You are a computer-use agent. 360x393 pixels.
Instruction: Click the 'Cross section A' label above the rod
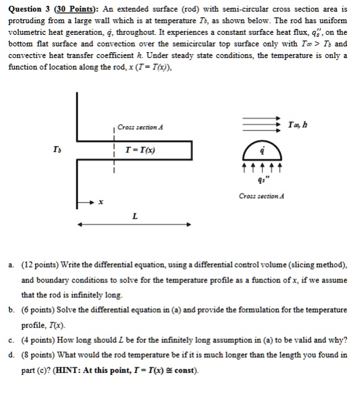pyautogui.click(x=141, y=127)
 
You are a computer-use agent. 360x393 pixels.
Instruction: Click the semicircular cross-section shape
pyautogui.click(x=261, y=153)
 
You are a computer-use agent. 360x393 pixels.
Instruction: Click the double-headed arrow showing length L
pyautogui.click(x=134, y=225)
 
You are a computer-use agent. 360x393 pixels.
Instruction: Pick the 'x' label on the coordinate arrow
pyautogui.click(x=100, y=201)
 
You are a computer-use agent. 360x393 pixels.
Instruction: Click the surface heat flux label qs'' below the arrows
pyautogui.click(x=261, y=180)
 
